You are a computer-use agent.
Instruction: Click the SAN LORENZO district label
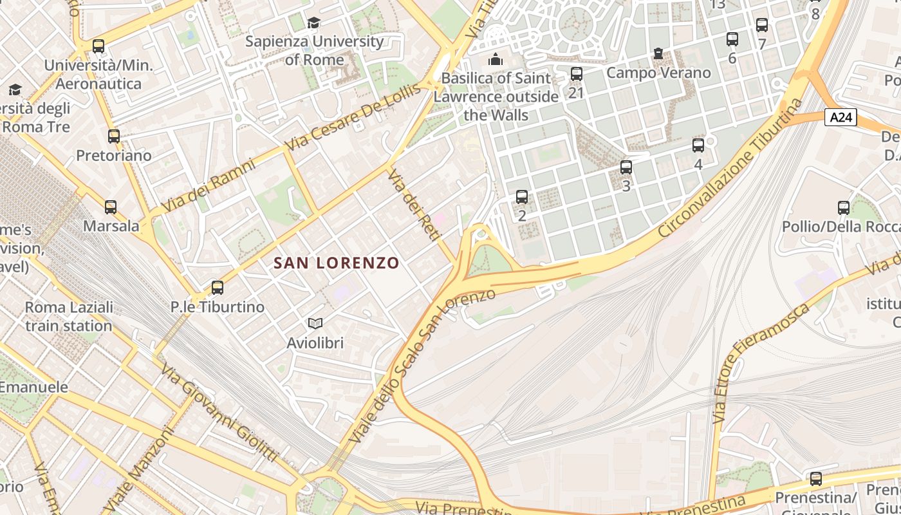pos(337,263)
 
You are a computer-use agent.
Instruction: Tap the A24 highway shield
pos(841,117)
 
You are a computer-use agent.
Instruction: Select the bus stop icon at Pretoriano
pos(114,136)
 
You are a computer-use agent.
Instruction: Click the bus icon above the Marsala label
pos(111,207)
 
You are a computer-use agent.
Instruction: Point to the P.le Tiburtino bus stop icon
pos(218,288)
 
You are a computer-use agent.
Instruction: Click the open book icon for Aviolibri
pos(315,323)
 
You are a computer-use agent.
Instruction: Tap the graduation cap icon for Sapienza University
pos(313,23)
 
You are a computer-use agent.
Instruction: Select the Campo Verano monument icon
pos(658,53)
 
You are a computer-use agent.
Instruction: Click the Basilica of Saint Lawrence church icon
pos(496,59)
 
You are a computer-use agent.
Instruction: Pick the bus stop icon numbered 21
pos(577,74)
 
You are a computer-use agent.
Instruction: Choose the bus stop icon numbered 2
pos(522,197)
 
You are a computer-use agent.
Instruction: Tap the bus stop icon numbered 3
pos(626,168)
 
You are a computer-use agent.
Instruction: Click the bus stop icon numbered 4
pos(698,145)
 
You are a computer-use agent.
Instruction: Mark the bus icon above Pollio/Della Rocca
pos(844,208)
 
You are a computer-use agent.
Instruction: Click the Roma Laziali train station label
pos(69,316)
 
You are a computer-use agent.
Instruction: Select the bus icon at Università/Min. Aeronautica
pos(98,46)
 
